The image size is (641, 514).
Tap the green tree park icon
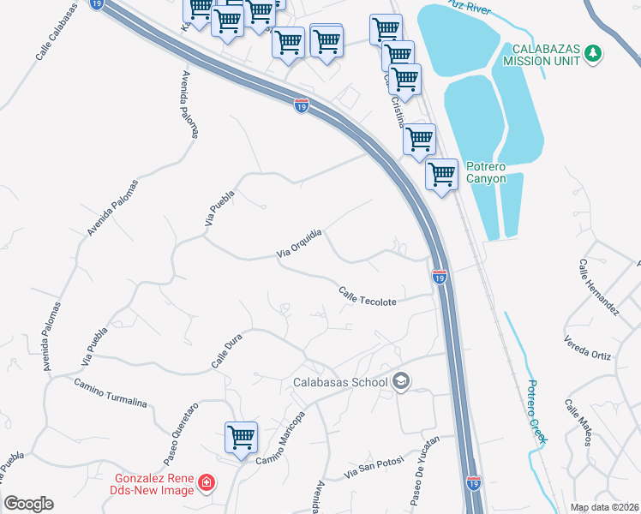click(x=592, y=54)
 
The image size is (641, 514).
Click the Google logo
click(x=29, y=504)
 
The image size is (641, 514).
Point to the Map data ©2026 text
click(x=603, y=507)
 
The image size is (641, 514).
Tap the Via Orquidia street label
click(x=299, y=243)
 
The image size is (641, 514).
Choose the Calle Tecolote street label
click(x=368, y=296)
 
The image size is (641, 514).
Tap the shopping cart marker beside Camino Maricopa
click(x=242, y=437)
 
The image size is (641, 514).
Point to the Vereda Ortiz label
click(x=588, y=352)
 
